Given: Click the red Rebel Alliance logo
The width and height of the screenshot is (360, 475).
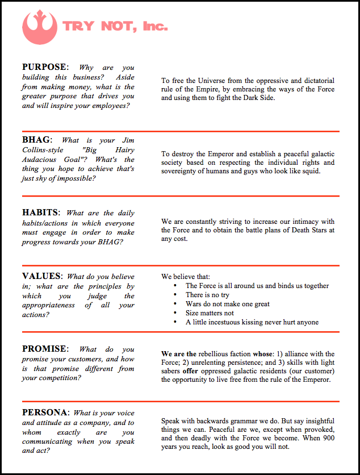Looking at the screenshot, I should coord(39,26).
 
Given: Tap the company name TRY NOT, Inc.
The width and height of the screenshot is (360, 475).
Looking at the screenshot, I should coord(115,26).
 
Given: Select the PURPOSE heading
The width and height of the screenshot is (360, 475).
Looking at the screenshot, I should coord(45,67).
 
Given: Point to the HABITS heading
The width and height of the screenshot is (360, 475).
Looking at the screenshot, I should coord(40,213).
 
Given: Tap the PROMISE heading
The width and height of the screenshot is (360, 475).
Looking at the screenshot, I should coord(45,349).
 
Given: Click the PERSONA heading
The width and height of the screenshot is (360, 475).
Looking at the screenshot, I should coord(45,413).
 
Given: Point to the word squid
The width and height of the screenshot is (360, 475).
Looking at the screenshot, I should coord(309,171).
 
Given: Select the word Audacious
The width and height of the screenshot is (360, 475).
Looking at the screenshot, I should coord(40,160).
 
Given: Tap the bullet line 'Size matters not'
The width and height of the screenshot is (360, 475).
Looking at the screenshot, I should coord(210,313).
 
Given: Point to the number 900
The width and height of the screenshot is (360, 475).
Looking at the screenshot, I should coord(328,438).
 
